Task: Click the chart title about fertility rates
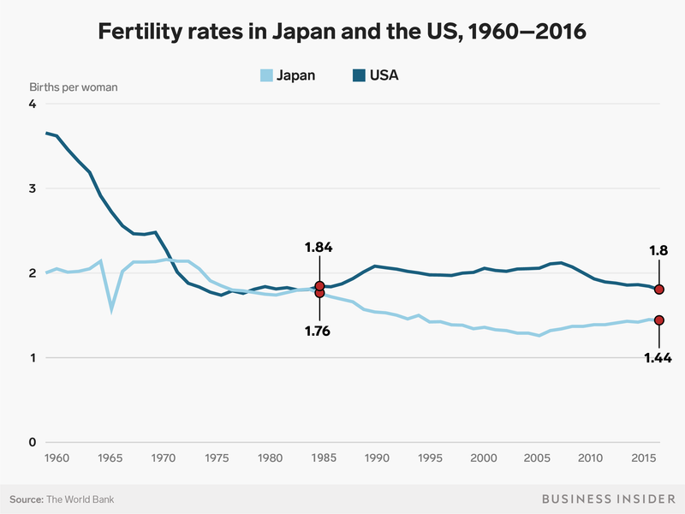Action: (342, 33)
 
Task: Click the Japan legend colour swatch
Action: (266, 75)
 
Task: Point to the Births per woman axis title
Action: (73, 87)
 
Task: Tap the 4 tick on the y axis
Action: (33, 105)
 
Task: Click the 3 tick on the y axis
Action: (33, 188)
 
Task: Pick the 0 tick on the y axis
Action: (33, 442)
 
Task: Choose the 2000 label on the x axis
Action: (484, 459)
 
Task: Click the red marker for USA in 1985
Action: (319, 286)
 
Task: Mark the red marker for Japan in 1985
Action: (319, 293)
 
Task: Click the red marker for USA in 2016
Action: (659, 290)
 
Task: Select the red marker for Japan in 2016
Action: (659, 320)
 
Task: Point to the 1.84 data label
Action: (319, 248)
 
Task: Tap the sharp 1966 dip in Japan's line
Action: (111, 309)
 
